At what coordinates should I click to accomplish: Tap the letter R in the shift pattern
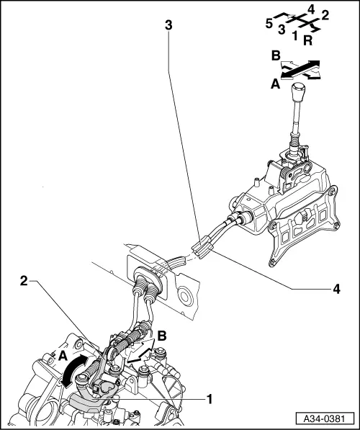coord(307,42)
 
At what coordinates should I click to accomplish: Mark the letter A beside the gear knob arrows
coord(274,84)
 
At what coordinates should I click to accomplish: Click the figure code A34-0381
coord(324,418)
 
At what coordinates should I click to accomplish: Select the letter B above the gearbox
coord(163,336)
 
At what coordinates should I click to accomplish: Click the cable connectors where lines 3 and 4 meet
coord(202,248)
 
